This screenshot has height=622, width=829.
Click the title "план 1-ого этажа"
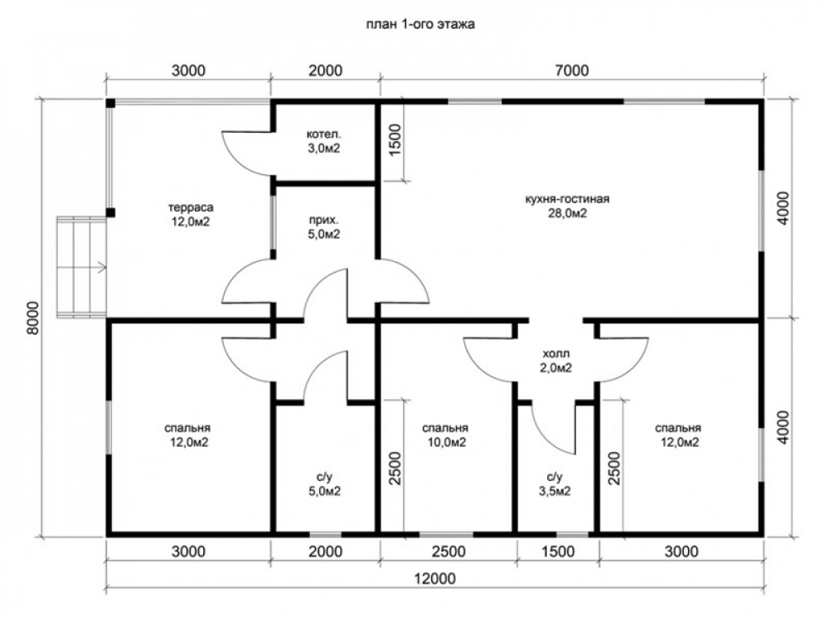420,24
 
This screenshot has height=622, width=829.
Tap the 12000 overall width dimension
434,579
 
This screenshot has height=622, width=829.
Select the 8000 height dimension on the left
33,318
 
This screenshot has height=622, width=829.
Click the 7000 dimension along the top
572,70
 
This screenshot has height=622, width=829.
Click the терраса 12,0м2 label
191,214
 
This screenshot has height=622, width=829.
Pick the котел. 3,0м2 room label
324,141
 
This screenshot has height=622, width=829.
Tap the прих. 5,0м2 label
324,227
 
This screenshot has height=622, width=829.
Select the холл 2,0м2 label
555,361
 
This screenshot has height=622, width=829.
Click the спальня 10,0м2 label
445,435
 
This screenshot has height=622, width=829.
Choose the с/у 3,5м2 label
555,484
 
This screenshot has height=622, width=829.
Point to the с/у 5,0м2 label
325,484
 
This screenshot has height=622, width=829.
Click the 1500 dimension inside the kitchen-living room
395,139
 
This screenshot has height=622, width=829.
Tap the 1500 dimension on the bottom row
558,552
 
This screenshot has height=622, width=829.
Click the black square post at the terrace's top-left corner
110,103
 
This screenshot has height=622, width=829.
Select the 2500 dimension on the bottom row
448,552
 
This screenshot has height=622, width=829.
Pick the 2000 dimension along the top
325,70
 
